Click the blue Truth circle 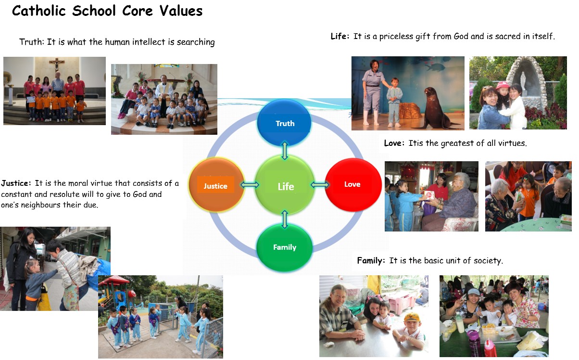pyautogui.click(x=284, y=123)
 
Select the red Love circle pyautogui.click(x=353, y=185)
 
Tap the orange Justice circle pyautogui.click(x=216, y=185)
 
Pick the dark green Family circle pyautogui.click(x=284, y=247)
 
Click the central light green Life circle pyautogui.click(x=285, y=185)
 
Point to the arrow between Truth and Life pyautogui.click(x=285, y=151)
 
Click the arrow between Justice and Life pyautogui.click(x=250, y=185)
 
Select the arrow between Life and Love pyautogui.click(x=320, y=185)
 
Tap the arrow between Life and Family pyautogui.click(x=285, y=219)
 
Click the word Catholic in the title pyautogui.click(x=39, y=11)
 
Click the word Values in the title pyautogui.click(x=181, y=11)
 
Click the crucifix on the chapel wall pyautogui.click(x=56, y=64)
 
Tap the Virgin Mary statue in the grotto pyautogui.click(x=523, y=81)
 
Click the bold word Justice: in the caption pyautogui.click(x=16, y=183)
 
